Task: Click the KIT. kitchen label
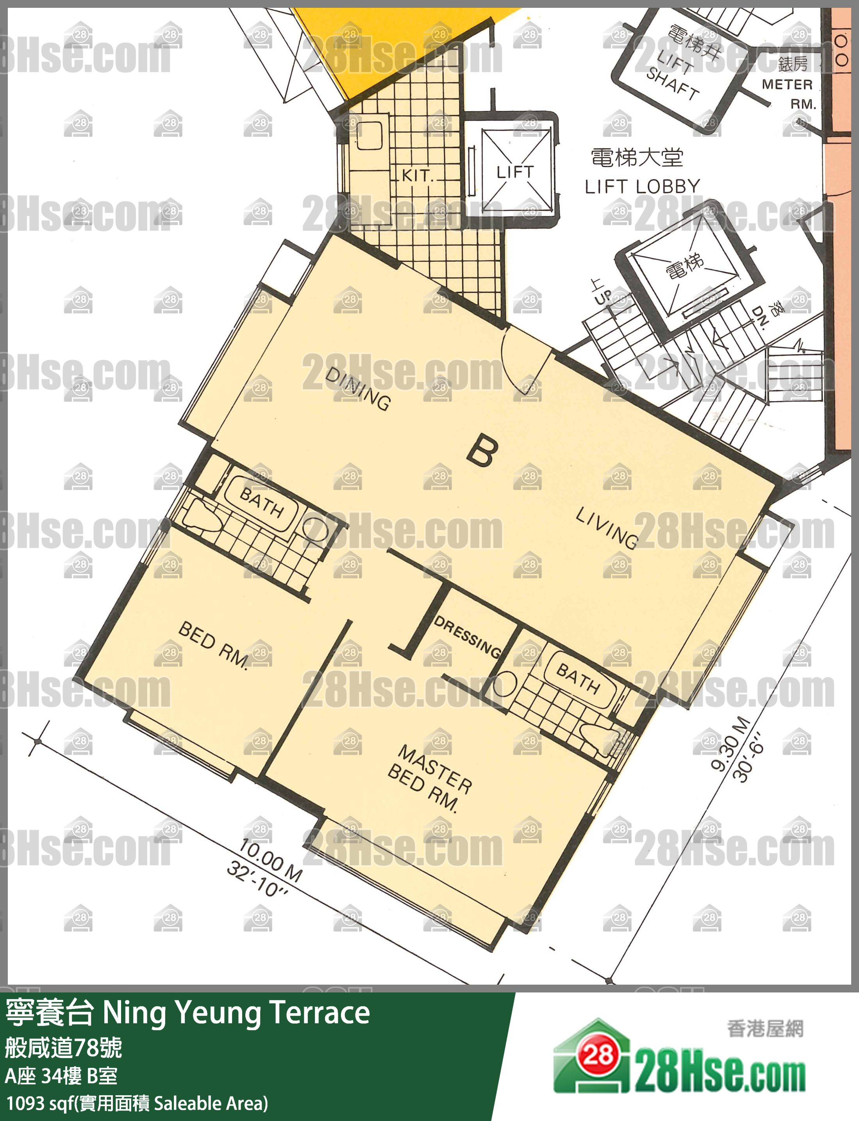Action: click(x=417, y=175)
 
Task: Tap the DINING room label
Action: click(x=358, y=389)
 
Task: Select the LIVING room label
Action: click(x=607, y=528)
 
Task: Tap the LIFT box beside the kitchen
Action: click(x=513, y=170)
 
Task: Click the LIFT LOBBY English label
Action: click(x=642, y=187)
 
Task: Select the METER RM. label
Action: click(x=788, y=94)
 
